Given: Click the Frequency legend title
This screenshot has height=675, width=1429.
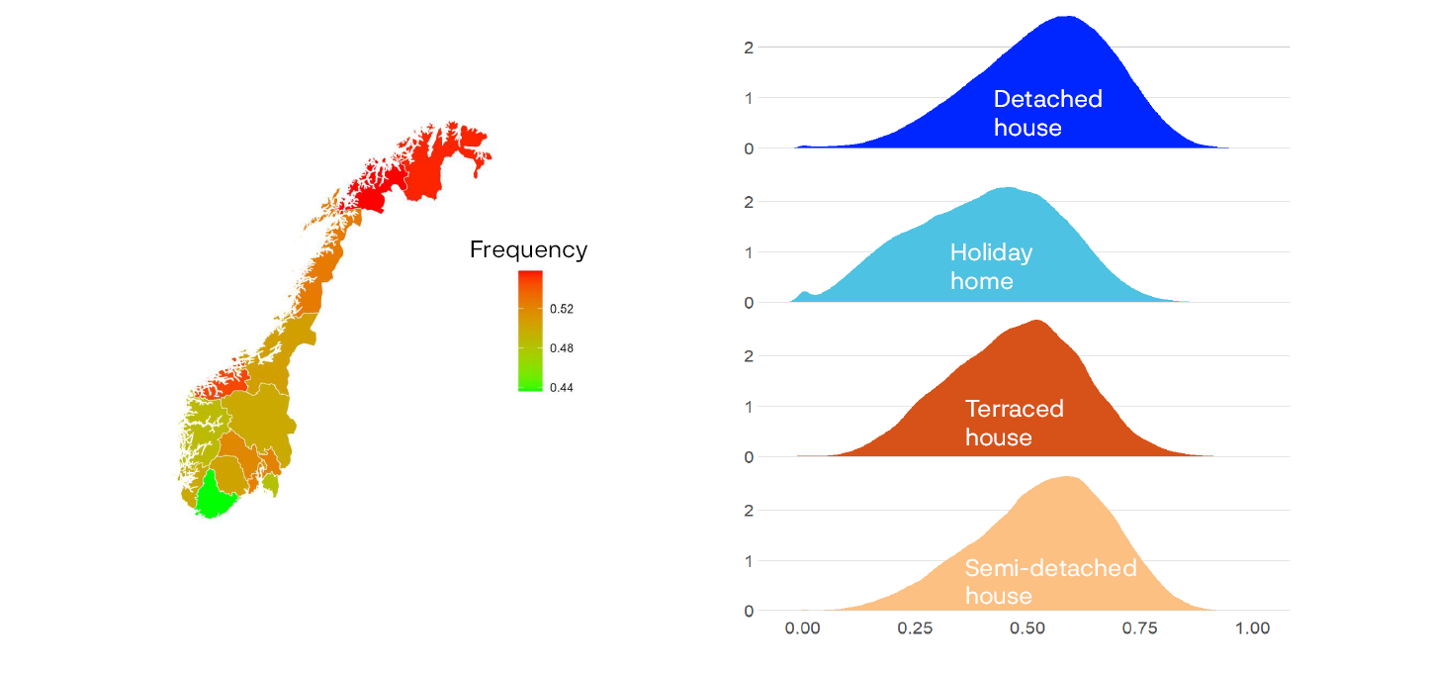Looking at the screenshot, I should point(528,249).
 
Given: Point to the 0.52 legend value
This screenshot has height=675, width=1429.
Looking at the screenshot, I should point(562,309).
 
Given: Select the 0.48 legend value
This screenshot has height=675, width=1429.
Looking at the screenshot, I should point(562,348).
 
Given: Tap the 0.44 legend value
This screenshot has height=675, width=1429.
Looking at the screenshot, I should point(562,388).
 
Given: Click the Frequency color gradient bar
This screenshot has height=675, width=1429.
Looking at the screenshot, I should point(530,331).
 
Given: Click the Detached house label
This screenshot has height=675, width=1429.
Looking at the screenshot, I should point(1047,113).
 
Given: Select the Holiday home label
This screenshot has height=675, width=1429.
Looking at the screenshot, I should point(991,266).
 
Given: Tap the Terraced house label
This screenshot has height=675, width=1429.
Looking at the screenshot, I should point(1014,423).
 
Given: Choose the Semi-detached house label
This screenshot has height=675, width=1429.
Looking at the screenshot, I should point(1050,582).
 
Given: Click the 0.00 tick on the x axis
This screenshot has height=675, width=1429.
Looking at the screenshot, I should point(803,628).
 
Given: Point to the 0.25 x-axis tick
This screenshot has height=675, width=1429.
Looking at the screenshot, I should point(916,628).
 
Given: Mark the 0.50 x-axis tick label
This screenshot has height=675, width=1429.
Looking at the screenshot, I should point(1028,628).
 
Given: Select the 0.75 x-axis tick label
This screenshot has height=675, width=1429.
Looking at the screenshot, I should point(1141,628).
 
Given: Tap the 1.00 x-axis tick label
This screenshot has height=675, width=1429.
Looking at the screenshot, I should point(1253,628).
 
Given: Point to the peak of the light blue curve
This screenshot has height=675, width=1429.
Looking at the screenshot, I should point(1008,188).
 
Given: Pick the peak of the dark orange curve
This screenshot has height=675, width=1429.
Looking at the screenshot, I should point(1036,321).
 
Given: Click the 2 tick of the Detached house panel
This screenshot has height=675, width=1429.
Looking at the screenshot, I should point(749,47).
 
